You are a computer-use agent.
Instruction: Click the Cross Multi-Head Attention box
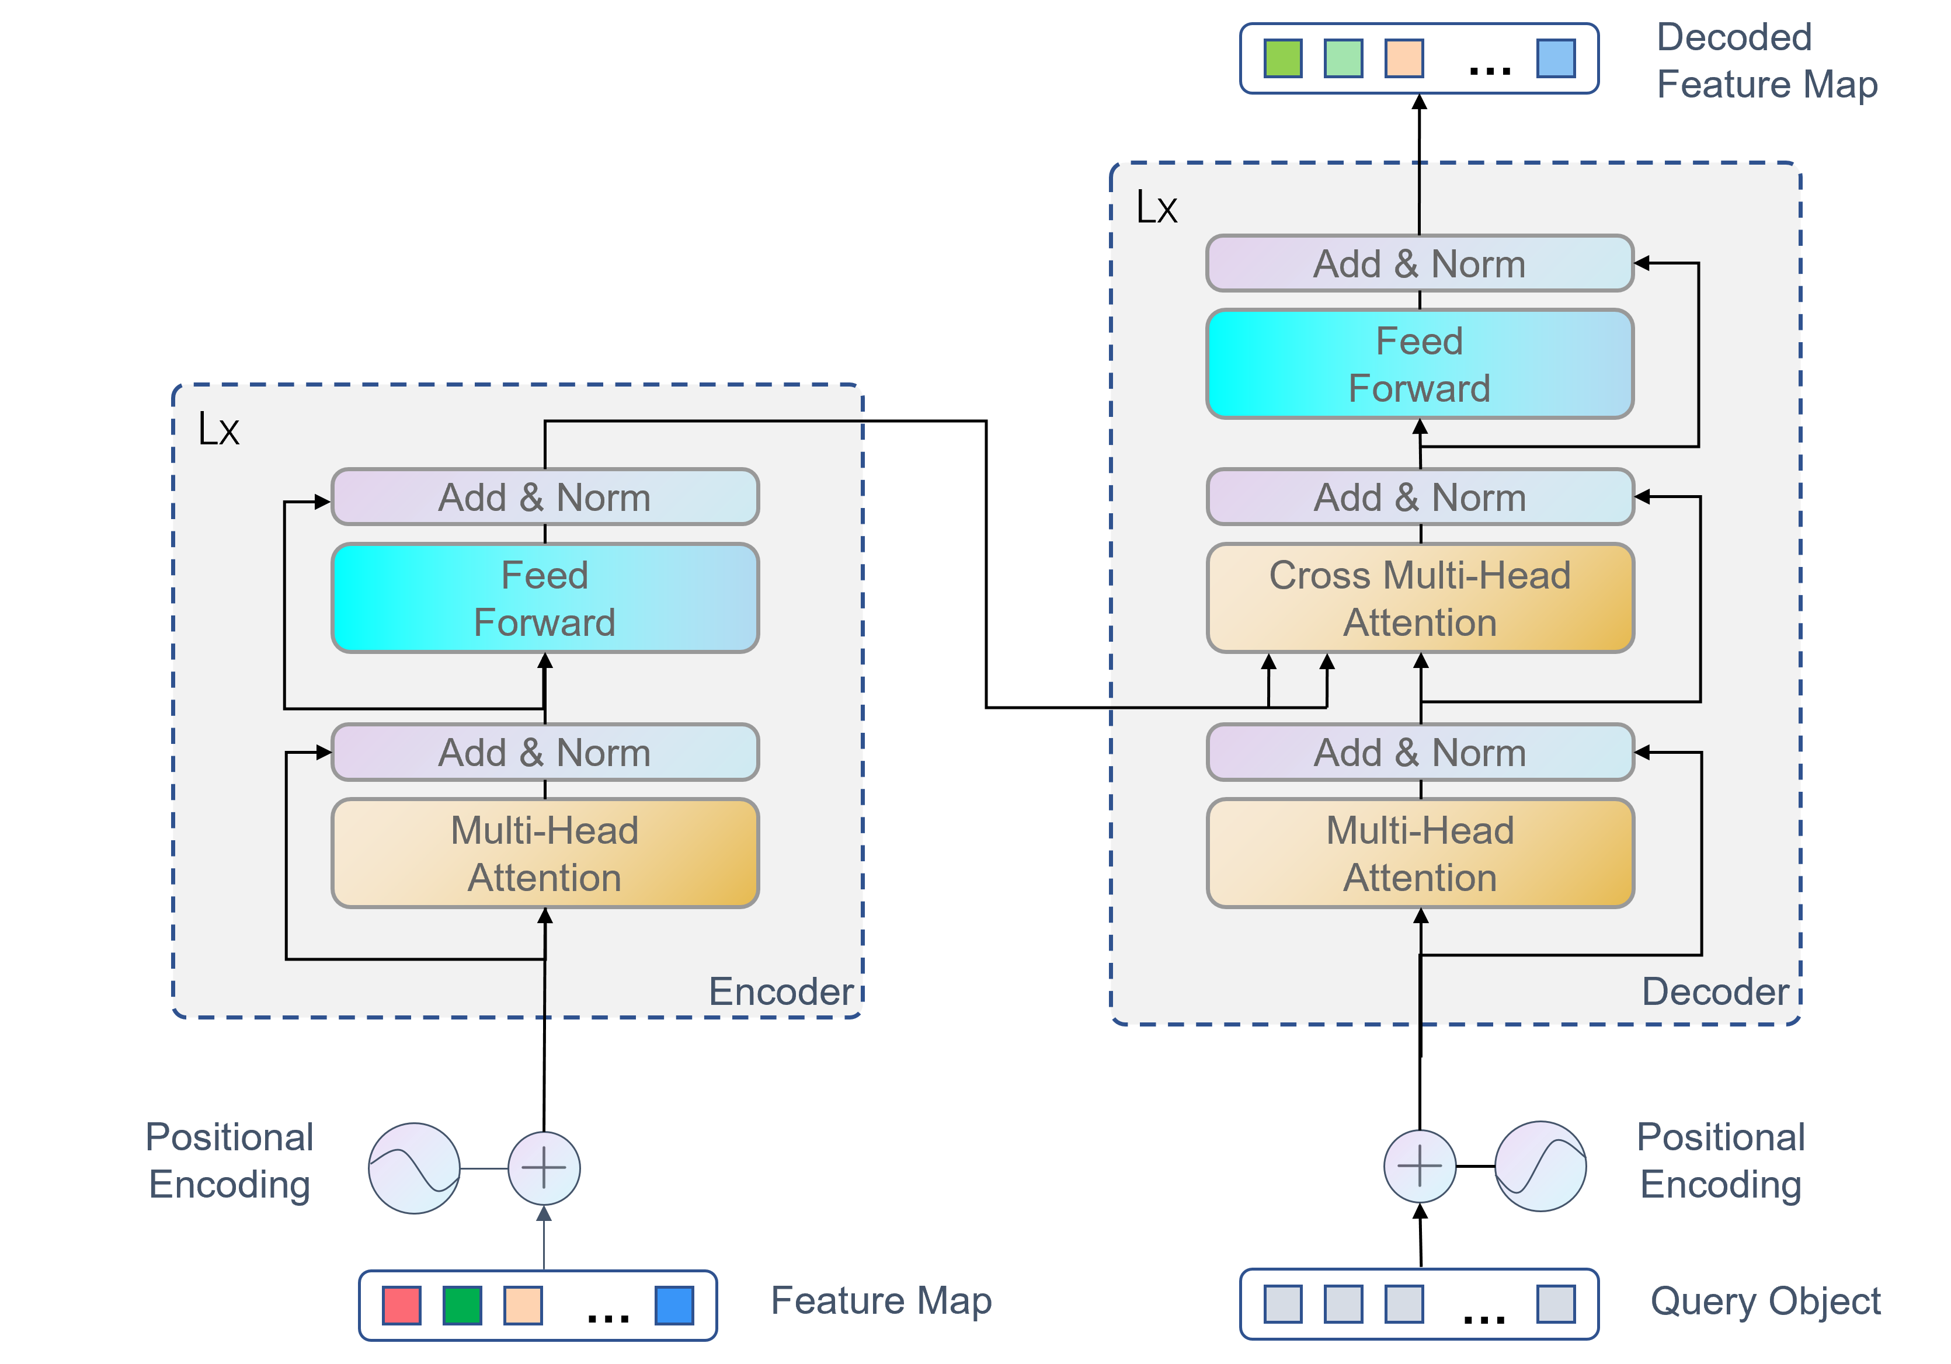[x=1420, y=599]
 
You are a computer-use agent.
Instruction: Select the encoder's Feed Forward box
[x=545, y=599]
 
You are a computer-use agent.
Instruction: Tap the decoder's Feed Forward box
[x=1420, y=364]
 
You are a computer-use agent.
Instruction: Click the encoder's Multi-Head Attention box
[x=545, y=853]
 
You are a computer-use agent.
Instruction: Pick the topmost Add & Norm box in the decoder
[x=1420, y=263]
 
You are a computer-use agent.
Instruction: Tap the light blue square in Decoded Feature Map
[x=1556, y=58]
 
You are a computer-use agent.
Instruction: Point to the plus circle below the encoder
[x=544, y=1168]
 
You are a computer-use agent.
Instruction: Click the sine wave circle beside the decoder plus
[x=1540, y=1166]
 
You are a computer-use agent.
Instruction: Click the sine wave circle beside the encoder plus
[x=414, y=1168]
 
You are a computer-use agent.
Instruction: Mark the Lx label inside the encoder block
[x=218, y=429]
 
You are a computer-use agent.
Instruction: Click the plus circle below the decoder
[x=1420, y=1166]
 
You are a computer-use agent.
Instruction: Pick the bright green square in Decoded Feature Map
[x=1283, y=58]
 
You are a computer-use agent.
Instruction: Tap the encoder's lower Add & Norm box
[x=545, y=752]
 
